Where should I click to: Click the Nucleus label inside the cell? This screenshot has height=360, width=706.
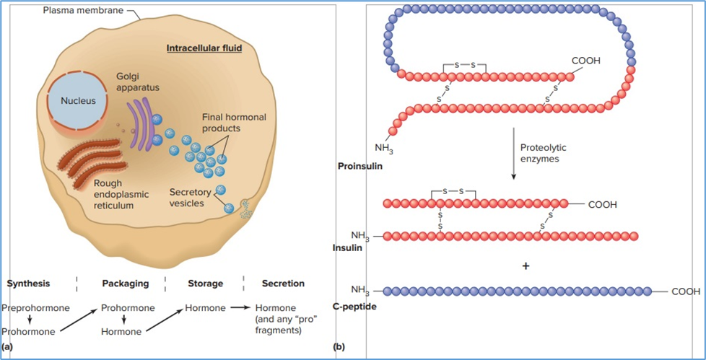click(x=78, y=100)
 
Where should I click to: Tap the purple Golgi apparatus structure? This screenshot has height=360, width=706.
click(x=141, y=123)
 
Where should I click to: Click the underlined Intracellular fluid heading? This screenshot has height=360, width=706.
click(x=204, y=49)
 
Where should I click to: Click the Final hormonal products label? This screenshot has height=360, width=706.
click(x=234, y=123)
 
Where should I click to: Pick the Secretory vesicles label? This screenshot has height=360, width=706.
click(x=190, y=198)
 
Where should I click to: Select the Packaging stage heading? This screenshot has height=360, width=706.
click(x=125, y=284)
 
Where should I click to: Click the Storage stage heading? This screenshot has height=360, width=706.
click(x=205, y=284)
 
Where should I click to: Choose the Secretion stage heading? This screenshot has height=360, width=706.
click(x=283, y=284)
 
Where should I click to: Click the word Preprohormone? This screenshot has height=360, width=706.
click(x=35, y=308)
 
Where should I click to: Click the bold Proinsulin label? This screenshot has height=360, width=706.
click(x=359, y=167)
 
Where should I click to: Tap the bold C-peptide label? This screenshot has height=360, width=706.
click(x=354, y=307)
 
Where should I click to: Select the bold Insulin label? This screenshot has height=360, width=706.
click(x=347, y=247)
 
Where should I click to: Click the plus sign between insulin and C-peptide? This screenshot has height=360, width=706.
click(x=526, y=266)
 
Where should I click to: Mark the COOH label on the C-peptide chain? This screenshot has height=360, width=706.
click(x=686, y=292)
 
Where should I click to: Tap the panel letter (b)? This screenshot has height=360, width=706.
click(x=339, y=348)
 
